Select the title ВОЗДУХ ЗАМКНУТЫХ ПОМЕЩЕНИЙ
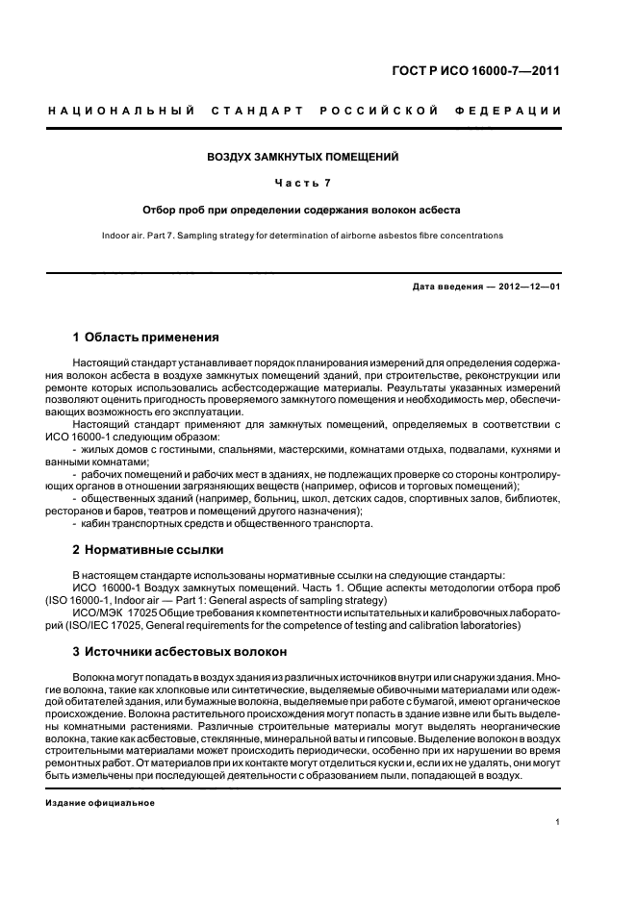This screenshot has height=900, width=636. click(x=303, y=156)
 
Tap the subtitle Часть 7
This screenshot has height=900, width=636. click(x=303, y=182)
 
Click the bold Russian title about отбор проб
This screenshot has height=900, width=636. click(x=303, y=209)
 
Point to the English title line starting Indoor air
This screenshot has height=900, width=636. click(x=303, y=235)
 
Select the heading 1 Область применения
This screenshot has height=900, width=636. click(x=146, y=337)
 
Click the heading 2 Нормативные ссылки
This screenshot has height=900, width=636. click(x=148, y=551)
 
